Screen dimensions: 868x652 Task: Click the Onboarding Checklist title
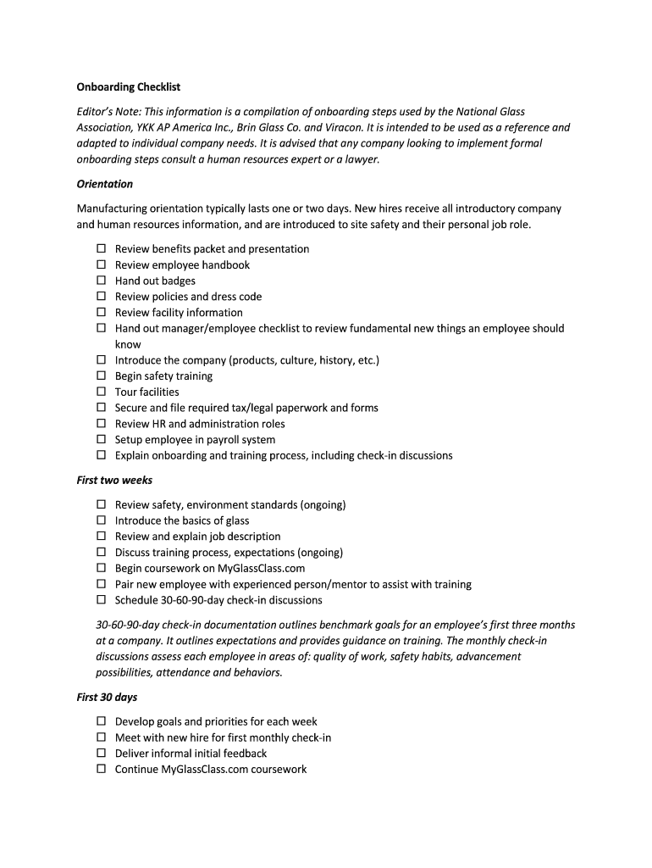coord(129,87)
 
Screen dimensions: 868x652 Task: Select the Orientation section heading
coord(105,184)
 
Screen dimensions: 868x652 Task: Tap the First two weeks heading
coord(114,481)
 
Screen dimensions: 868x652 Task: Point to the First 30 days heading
coord(107,698)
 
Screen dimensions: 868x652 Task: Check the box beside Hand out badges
coord(101,281)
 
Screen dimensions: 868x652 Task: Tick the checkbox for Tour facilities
coord(101,392)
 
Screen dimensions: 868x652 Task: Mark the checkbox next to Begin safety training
coord(101,376)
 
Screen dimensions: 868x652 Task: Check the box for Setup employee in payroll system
coord(101,439)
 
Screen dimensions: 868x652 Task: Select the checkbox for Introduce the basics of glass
coord(101,520)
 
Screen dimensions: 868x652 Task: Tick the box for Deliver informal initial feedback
coord(101,753)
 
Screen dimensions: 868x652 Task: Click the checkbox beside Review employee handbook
coord(101,264)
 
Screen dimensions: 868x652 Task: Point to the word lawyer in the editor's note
coord(362,159)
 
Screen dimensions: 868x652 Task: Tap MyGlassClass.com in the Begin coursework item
coord(262,569)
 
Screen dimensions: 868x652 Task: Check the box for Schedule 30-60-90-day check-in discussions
coord(101,600)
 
